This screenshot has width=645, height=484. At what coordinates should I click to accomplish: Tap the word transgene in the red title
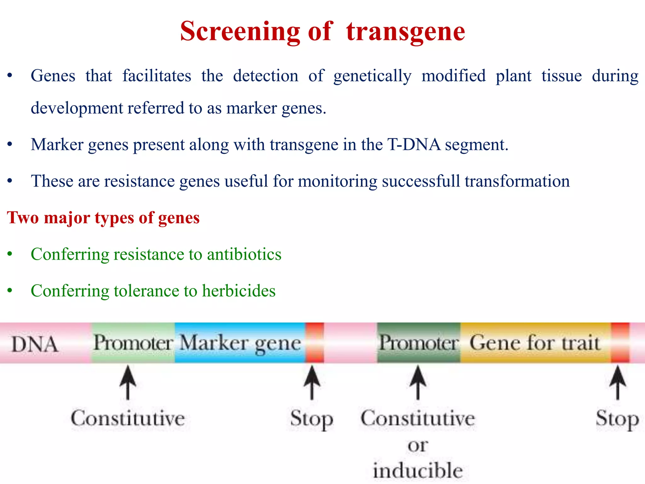[405, 32]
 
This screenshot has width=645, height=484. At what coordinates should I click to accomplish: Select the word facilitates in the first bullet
[157, 76]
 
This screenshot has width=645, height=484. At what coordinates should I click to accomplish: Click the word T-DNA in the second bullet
[414, 145]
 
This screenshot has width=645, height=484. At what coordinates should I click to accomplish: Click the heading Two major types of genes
[103, 218]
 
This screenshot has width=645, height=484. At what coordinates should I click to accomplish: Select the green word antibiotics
[244, 254]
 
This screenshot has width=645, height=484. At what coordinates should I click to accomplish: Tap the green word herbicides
[239, 291]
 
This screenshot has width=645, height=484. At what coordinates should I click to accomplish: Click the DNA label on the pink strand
[35, 344]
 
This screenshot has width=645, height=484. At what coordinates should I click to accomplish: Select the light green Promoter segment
[133, 343]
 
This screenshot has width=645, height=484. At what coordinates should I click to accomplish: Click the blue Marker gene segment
[240, 343]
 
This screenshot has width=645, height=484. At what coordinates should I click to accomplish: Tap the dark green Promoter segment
[419, 343]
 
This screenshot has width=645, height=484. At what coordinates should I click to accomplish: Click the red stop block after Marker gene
[315, 343]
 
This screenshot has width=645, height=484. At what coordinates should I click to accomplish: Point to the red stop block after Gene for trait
[620, 343]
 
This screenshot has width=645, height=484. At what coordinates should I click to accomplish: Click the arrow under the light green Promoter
[128, 383]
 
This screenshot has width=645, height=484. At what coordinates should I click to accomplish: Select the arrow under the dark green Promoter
[418, 383]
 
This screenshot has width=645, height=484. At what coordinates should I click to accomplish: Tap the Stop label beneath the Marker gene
[311, 419]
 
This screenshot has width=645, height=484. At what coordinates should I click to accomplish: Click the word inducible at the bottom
[418, 470]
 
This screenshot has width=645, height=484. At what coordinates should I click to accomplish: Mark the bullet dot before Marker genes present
[10, 145]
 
